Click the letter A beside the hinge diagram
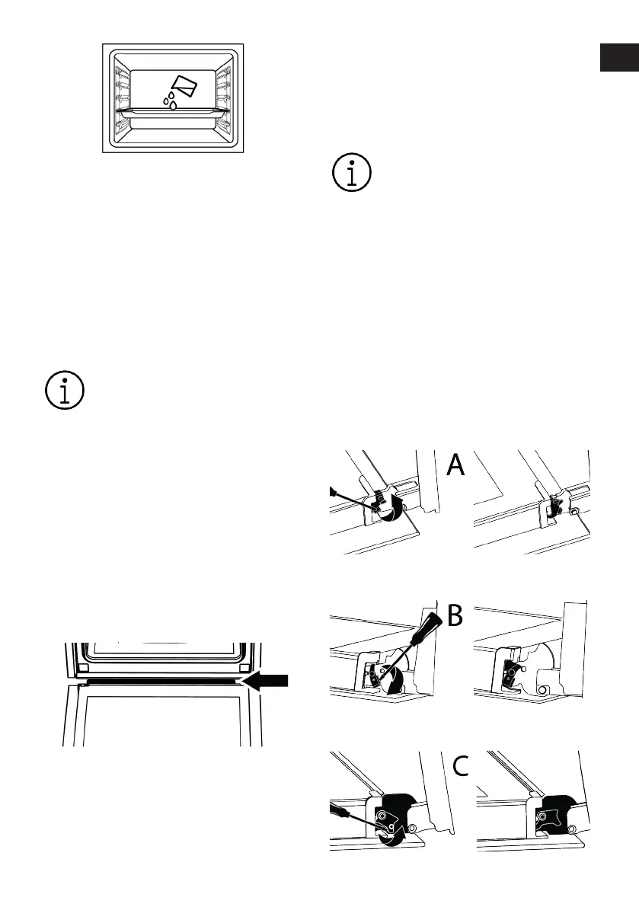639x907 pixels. pos(455,465)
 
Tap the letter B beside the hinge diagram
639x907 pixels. pos(455,615)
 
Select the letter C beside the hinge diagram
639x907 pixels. pos(460,766)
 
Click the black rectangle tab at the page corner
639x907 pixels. pos(619,57)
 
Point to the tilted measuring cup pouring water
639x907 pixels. pos(185,85)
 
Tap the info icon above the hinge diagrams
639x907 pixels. pos(352,172)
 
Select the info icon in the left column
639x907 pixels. pos(65,390)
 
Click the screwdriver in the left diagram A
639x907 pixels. pos(353,500)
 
